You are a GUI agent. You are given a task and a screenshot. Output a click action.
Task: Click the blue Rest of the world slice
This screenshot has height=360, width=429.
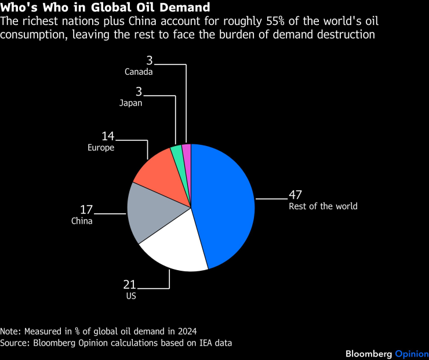(x=223, y=203)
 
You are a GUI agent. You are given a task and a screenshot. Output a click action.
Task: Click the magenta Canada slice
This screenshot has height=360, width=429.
(x=187, y=151)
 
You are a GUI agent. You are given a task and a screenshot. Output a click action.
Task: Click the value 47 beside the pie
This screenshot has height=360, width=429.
(x=296, y=195)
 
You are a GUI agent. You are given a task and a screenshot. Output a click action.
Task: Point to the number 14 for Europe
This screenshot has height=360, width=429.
(x=108, y=137)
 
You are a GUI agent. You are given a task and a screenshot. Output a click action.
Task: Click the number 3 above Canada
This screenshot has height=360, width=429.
(x=149, y=61)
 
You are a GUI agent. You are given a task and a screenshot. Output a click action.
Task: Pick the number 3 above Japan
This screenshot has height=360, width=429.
(x=139, y=92)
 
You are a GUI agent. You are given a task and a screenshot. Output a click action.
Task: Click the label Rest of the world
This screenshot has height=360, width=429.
(x=323, y=206)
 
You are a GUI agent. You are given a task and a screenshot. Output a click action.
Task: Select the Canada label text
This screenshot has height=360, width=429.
(x=139, y=72)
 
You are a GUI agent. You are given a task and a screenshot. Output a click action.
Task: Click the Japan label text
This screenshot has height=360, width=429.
(x=131, y=103)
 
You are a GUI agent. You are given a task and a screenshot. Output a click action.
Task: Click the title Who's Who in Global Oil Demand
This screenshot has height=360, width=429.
(x=106, y=9)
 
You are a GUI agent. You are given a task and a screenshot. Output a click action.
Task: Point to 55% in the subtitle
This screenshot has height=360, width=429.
(x=294, y=22)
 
